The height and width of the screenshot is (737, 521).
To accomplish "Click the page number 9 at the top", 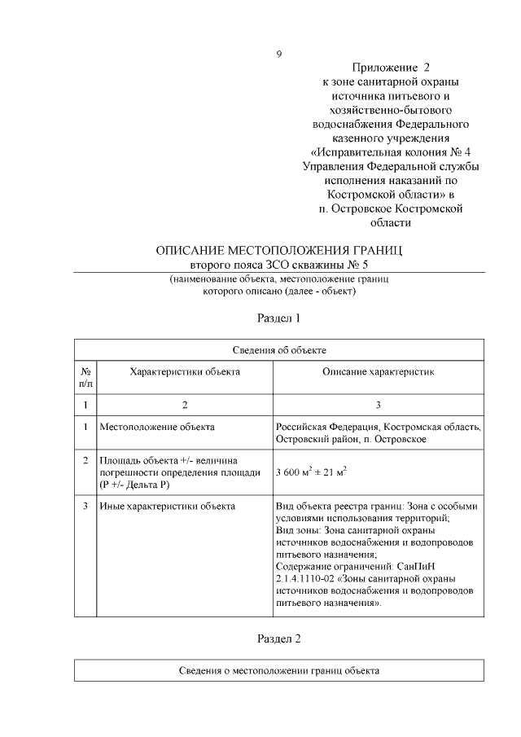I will [279, 55].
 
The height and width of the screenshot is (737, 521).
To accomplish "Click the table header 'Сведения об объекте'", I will [279, 350].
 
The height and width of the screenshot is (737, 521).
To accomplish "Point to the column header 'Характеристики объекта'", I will [185, 371].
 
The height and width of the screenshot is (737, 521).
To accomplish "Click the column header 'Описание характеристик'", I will [379, 371].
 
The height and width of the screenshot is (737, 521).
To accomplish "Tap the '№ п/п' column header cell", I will [85, 376].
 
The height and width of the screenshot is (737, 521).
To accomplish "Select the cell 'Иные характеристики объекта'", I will [167, 506].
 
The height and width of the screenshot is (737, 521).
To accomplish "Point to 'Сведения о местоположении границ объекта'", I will [279, 671].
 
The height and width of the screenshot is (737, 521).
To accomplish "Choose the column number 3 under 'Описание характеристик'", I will [379, 405].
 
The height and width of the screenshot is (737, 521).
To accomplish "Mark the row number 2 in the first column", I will [85, 460].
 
